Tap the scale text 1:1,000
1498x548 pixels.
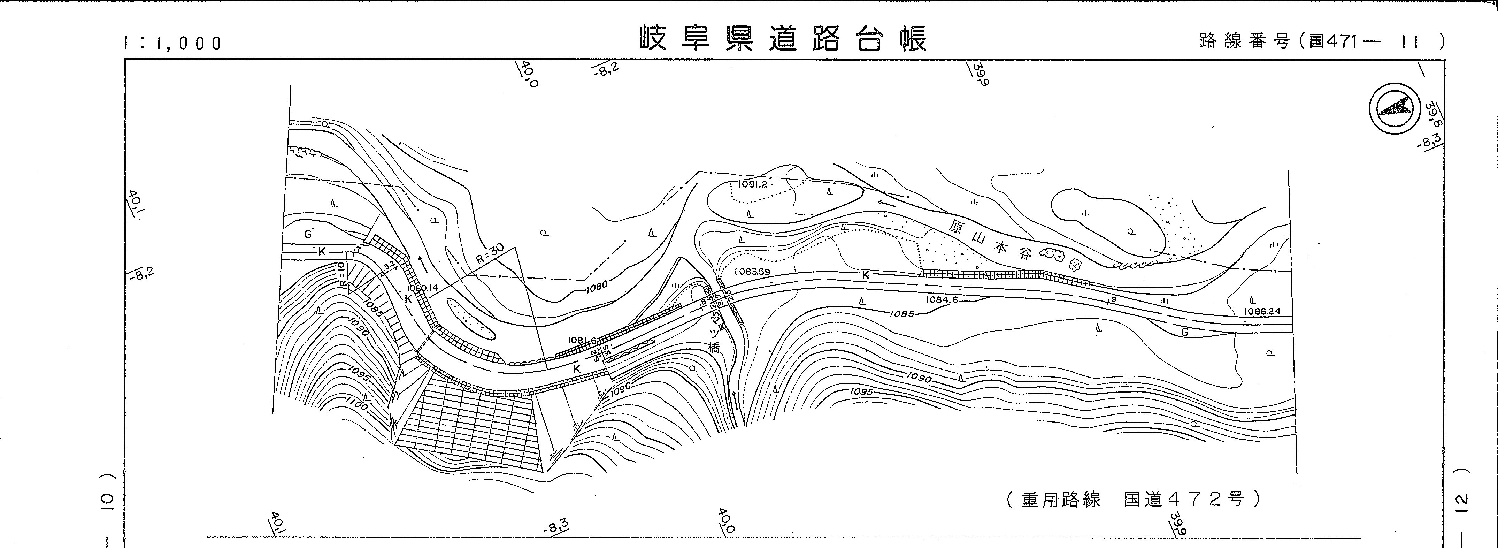coord(173,43)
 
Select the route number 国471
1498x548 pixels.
coord(1332,41)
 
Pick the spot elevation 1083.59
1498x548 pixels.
coord(752,271)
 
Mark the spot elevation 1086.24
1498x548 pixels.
coord(1261,311)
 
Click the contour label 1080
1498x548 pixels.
coord(597,285)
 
